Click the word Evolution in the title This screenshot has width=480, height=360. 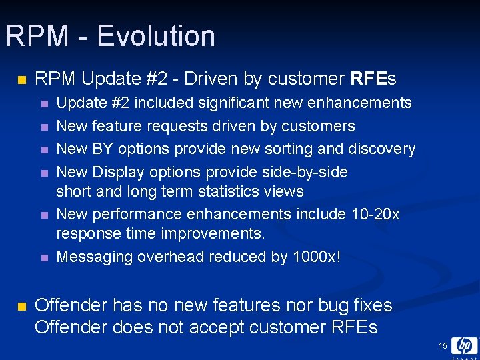click(x=156, y=36)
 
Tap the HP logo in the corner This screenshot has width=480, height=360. click(x=464, y=346)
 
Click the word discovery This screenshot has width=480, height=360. click(x=383, y=149)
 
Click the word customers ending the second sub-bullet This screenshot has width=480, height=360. click(x=323, y=126)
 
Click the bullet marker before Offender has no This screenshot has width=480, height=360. click(x=21, y=306)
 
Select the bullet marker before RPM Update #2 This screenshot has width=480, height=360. click(x=21, y=80)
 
